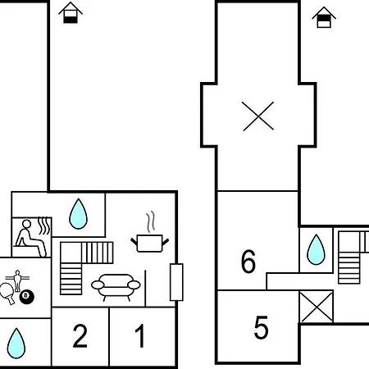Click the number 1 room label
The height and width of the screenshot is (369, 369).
pos(140,335)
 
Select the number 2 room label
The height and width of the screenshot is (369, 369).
pos(80,335)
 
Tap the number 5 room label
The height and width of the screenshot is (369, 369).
pos(261,327)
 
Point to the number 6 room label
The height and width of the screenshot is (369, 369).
pos(248,261)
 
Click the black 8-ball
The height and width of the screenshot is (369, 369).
pos(27,297)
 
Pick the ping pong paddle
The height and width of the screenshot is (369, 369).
pos(7,293)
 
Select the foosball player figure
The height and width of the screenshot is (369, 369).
pos(17,280)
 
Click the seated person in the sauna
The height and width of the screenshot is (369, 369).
pos(30,239)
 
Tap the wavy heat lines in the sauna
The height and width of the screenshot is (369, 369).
pos(44,225)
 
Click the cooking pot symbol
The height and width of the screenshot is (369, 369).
pos(149,243)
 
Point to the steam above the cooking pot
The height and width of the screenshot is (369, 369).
pos(151,221)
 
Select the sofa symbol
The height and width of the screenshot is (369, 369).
pos(116,287)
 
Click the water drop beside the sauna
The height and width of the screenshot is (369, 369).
pos(78,214)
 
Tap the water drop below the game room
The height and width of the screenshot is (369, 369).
pos(16,343)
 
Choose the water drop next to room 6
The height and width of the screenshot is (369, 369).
pos(316,249)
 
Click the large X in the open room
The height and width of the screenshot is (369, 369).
pos(258,116)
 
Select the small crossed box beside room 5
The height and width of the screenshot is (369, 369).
pos(317,307)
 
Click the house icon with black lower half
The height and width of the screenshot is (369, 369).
pos(71,12)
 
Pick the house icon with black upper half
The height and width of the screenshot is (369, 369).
pos(324,17)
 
